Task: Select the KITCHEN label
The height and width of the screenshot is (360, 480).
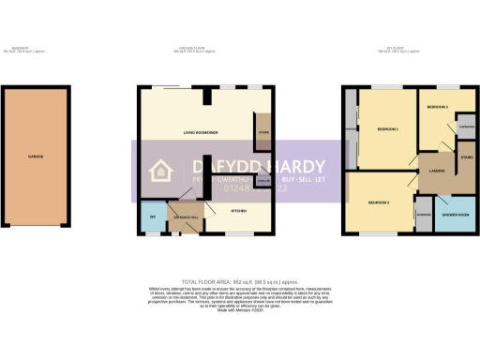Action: [240, 211]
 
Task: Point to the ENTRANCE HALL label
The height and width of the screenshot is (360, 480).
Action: [184, 216]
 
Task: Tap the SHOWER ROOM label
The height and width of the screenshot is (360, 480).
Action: [457, 213]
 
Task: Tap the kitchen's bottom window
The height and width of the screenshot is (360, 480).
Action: [241, 233]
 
